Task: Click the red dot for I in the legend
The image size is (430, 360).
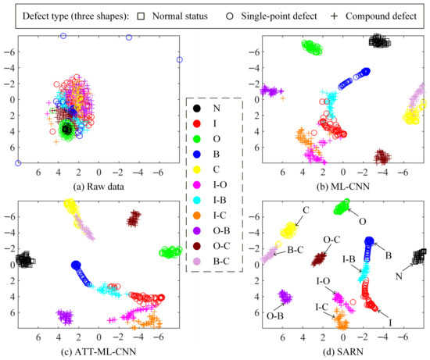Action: (x=196, y=124)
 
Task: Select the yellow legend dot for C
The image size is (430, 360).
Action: (x=196, y=169)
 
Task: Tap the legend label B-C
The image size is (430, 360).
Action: (x=221, y=262)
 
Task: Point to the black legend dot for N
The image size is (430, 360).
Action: (x=196, y=109)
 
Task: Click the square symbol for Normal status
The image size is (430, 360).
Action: (x=141, y=16)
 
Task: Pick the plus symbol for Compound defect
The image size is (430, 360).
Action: (x=334, y=16)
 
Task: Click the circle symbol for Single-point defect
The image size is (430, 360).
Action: (x=230, y=16)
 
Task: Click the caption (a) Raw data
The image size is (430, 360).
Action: (x=99, y=187)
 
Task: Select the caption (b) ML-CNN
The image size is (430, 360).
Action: (x=342, y=187)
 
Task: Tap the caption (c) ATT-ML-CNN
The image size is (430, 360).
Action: (x=99, y=351)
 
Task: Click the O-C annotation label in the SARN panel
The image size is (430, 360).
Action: (x=331, y=240)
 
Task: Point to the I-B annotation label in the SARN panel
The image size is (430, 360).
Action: (x=349, y=259)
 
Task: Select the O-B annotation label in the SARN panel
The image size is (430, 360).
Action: (x=275, y=316)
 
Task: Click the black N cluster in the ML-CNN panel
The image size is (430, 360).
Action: (x=379, y=41)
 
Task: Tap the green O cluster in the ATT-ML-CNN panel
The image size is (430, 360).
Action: (x=170, y=251)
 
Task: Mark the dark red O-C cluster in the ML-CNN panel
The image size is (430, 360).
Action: (x=382, y=157)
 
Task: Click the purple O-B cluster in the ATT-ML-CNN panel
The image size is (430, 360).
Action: (x=65, y=316)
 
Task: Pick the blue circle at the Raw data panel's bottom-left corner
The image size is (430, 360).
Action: (x=18, y=163)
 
